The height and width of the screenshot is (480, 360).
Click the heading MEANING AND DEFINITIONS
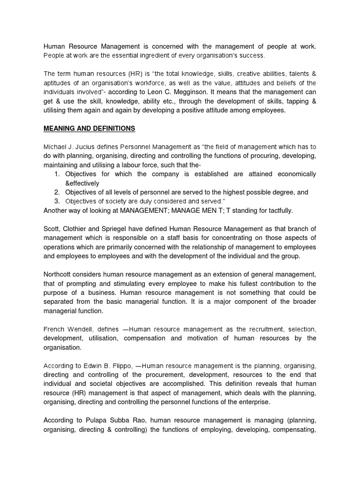click(x=89, y=128)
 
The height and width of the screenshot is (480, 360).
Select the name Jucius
click(x=88, y=147)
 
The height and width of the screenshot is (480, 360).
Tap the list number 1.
click(x=56, y=174)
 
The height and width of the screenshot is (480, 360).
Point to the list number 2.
click(x=56, y=192)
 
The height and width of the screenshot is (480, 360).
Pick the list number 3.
click(x=56, y=201)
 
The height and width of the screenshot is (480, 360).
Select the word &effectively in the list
click(x=82, y=183)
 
